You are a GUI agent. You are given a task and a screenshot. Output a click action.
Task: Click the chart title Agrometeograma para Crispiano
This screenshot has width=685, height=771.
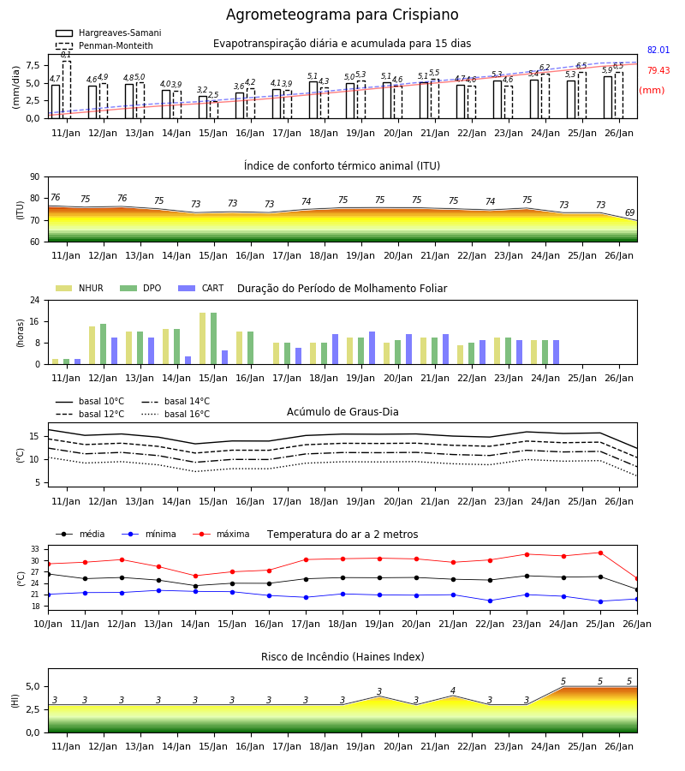342,15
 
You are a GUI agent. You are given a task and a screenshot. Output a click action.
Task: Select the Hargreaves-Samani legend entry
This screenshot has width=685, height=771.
108,33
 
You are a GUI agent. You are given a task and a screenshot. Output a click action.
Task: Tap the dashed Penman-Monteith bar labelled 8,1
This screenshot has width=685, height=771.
66,89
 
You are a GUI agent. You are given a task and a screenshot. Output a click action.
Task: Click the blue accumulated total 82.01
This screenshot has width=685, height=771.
658,51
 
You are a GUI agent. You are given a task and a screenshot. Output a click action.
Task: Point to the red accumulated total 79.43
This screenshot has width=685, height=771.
658,71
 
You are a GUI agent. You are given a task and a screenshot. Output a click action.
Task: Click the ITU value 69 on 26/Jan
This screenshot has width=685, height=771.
629,213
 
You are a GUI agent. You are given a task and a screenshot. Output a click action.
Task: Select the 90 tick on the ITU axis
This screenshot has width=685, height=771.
35,177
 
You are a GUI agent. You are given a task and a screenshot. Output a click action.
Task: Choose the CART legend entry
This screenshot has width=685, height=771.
201,288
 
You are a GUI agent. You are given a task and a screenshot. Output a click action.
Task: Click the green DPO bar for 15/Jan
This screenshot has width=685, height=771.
214,338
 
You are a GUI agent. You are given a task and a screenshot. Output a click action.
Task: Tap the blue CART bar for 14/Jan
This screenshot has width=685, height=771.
188,361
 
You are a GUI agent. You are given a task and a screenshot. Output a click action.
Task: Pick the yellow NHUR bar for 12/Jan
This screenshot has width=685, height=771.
92,345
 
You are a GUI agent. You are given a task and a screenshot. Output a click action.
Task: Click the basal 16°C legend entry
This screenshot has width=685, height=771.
176,414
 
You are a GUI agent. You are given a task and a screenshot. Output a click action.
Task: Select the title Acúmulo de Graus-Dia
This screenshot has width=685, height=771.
342,412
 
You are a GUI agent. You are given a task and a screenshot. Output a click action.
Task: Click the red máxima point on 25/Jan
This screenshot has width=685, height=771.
600,553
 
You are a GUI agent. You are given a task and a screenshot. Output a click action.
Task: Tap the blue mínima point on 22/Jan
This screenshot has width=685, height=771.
490,601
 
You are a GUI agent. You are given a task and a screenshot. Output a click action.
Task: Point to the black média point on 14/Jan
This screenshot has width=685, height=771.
195,586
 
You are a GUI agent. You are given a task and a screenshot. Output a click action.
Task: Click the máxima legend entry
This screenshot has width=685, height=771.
221,534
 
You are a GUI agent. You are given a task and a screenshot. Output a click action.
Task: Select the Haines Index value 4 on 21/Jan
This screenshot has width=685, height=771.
453,690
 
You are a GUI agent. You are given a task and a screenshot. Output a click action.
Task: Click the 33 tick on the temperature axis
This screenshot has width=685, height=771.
35,549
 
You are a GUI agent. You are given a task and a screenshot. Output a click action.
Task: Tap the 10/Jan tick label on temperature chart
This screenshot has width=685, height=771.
48,624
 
